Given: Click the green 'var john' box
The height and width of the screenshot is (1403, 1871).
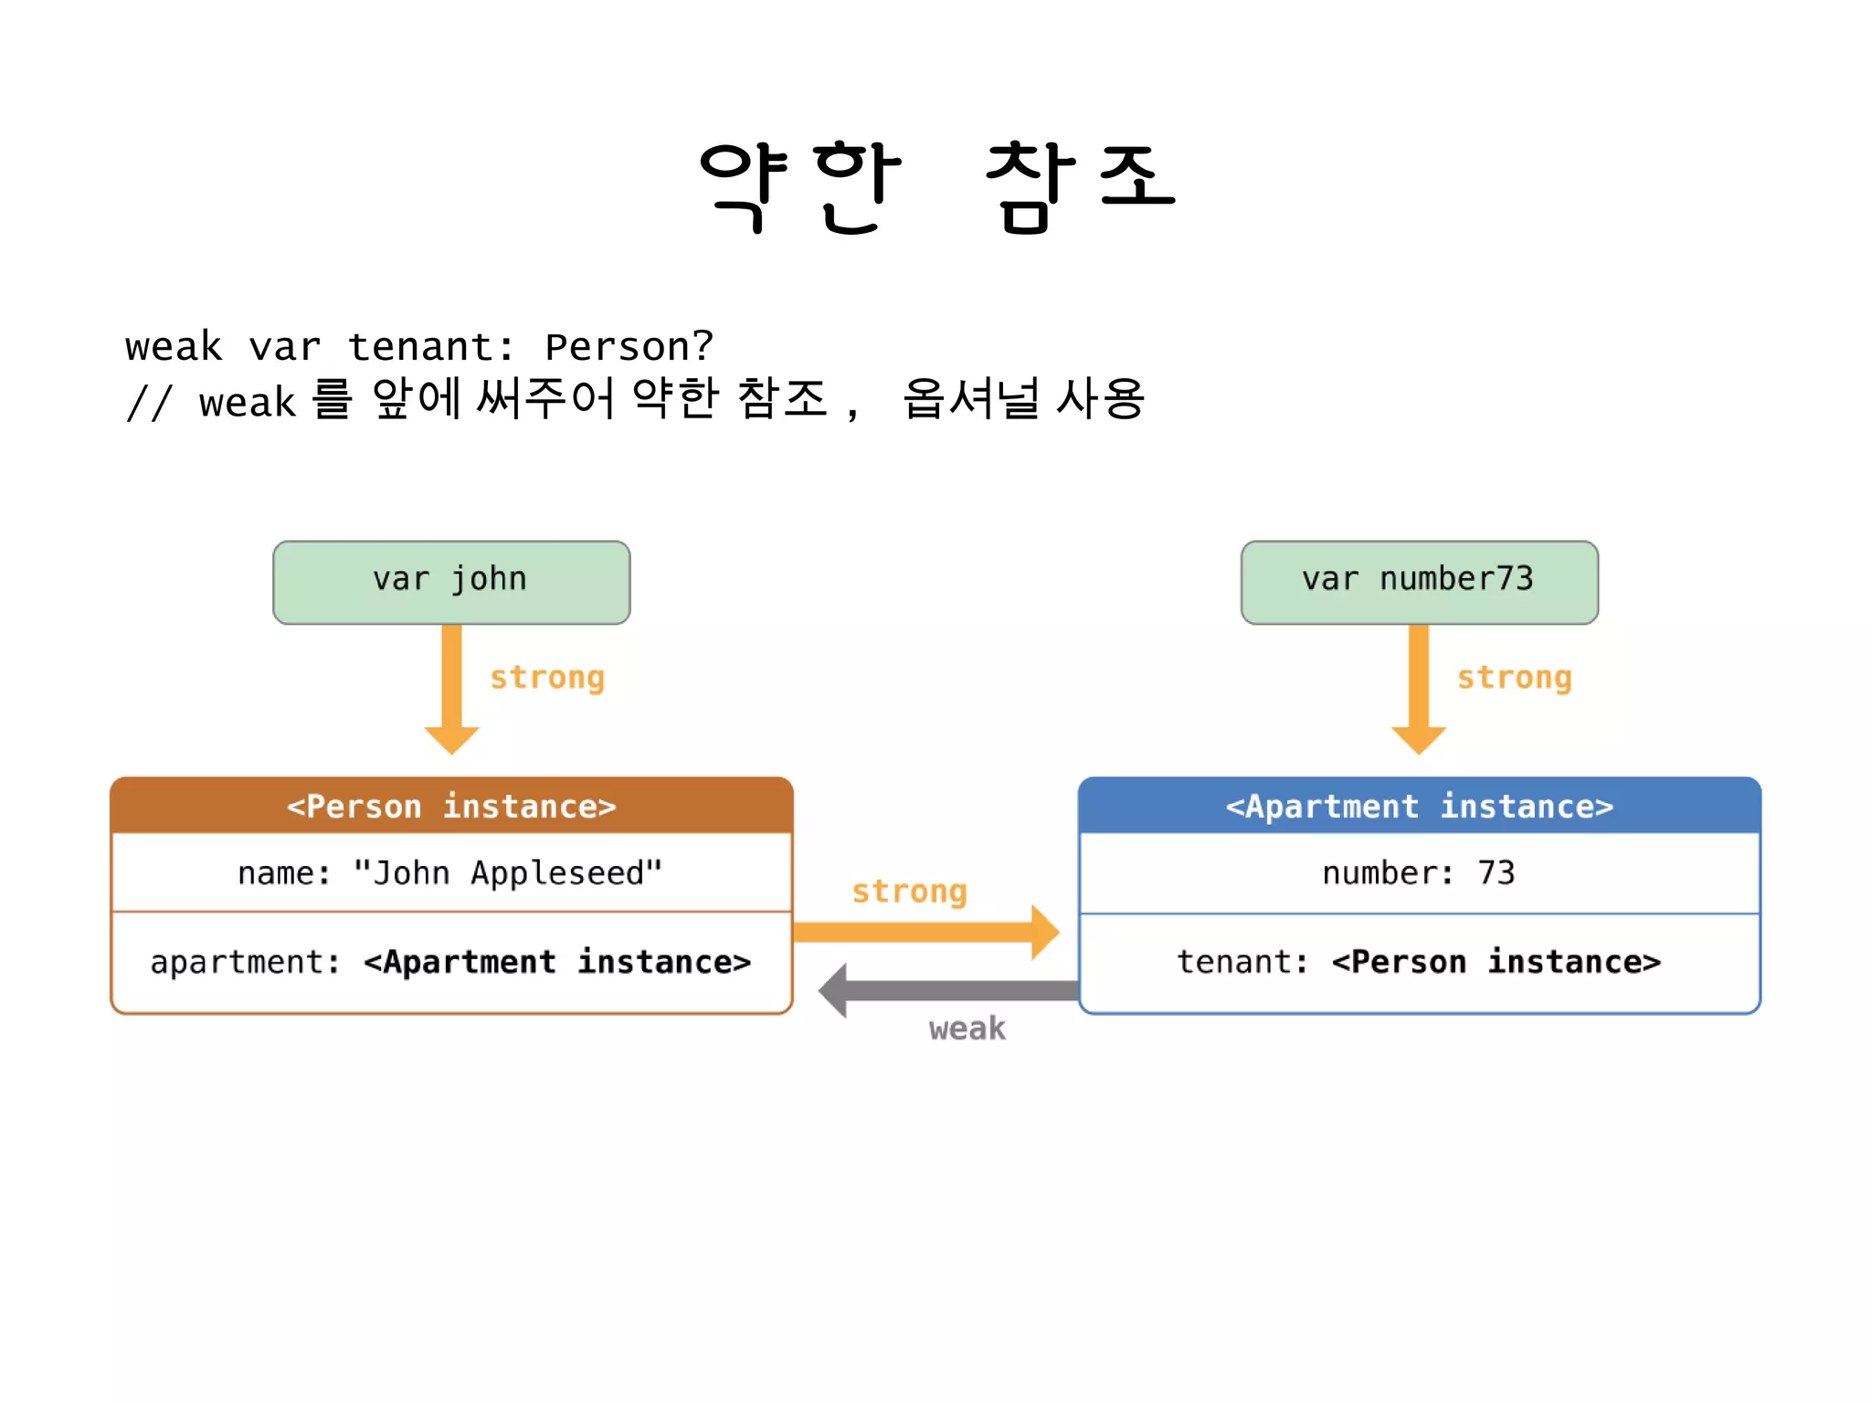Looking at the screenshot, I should click(x=451, y=582).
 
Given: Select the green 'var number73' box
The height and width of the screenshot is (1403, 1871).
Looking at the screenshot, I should click(x=1419, y=582).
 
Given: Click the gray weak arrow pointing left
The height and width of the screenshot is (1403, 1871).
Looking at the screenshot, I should click(x=950, y=991).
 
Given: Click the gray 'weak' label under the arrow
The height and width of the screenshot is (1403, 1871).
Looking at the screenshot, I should click(x=967, y=1029).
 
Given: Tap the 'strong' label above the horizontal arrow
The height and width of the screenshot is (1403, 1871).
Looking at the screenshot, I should click(x=909, y=891).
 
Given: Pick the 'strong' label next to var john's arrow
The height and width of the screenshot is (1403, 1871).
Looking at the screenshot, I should click(x=546, y=678).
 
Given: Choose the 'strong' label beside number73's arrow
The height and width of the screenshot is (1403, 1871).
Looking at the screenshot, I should click(x=1514, y=678).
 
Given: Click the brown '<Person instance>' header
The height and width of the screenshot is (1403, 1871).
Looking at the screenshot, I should click(x=451, y=807).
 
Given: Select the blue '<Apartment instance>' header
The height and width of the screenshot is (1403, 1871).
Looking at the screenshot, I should click(x=1419, y=807).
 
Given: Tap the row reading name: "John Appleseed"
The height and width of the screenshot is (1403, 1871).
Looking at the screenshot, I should click(x=451, y=873).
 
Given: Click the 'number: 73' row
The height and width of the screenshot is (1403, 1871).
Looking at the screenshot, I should click(x=1419, y=873).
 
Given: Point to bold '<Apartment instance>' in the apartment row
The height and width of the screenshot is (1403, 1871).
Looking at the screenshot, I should click(x=557, y=962).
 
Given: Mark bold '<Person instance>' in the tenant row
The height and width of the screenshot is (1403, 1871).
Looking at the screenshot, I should click(x=1496, y=962).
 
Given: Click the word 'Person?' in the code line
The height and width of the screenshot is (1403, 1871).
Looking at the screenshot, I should click(x=629, y=347).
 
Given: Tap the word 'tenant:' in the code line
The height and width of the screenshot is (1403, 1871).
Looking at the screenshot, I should click(x=430, y=347).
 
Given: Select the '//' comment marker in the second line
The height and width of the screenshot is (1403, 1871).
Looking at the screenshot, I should click(x=149, y=403).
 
